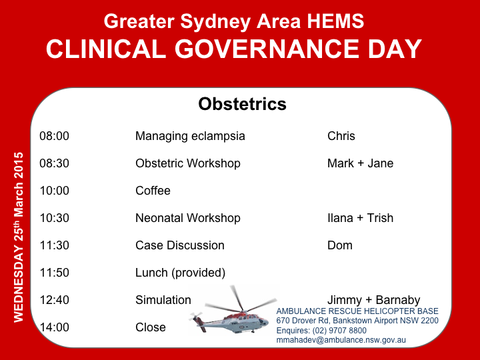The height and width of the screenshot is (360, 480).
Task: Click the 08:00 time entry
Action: click(x=54, y=136)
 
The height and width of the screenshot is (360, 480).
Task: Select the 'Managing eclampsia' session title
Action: click(x=190, y=136)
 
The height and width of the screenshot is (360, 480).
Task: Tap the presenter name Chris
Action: click(x=341, y=136)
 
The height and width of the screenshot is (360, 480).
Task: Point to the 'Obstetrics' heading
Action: click(x=242, y=104)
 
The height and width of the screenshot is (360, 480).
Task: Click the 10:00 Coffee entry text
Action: click(x=153, y=191)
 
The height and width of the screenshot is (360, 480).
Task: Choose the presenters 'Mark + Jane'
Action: click(x=360, y=163)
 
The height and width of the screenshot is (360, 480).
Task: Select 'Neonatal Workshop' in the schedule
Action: click(x=187, y=218)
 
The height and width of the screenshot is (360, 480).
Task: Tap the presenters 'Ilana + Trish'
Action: click(x=360, y=218)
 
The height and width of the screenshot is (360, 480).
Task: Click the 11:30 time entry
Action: click(x=54, y=245)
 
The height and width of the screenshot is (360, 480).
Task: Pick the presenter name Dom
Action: click(x=340, y=245)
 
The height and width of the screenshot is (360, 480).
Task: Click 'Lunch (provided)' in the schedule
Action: click(x=180, y=273)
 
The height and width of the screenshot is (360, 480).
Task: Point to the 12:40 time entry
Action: click(x=54, y=300)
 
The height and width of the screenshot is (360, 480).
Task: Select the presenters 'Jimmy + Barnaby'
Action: click(x=373, y=300)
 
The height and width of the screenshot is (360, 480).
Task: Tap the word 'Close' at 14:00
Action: click(x=150, y=327)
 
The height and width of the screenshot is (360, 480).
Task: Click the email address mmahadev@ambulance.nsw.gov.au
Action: click(x=341, y=340)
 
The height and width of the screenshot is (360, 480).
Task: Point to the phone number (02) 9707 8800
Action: click(x=339, y=331)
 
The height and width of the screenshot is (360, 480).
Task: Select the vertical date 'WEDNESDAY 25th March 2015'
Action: click(x=19, y=237)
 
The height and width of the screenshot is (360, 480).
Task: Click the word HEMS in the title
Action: click(x=335, y=21)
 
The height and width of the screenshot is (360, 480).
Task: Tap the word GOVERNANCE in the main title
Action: click(x=267, y=49)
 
